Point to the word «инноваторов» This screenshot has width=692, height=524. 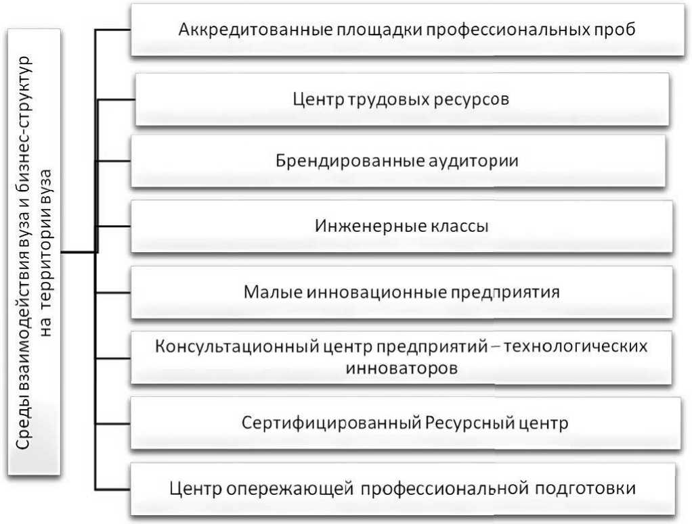(x=402, y=368)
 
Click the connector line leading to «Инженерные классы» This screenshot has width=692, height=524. (x=114, y=225)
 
